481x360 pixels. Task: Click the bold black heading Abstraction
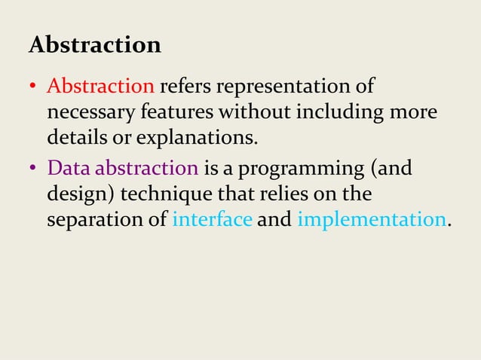click(94, 45)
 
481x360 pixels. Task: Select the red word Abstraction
click(101, 87)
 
